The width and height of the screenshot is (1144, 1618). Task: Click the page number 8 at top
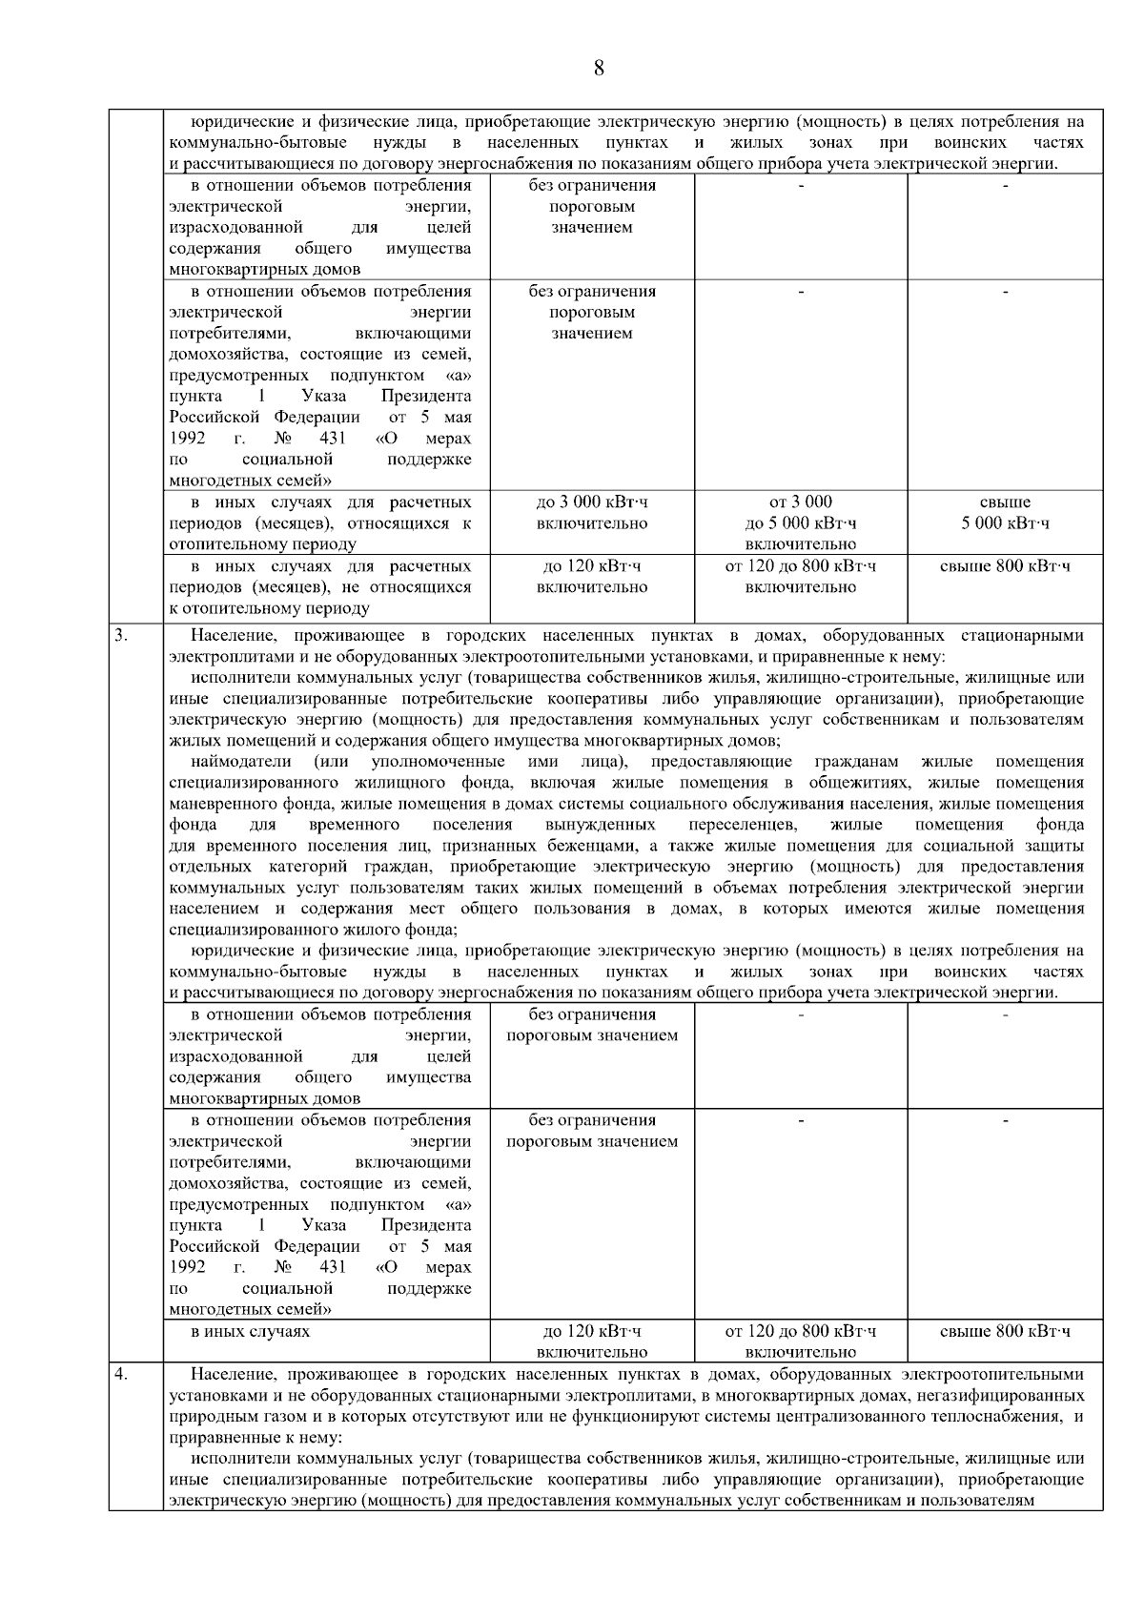click(x=598, y=68)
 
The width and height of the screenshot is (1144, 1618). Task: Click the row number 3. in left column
click(x=122, y=635)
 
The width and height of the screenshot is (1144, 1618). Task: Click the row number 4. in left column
click(x=122, y=1374)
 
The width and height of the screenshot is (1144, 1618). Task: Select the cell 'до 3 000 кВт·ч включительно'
click(x=591, y=513)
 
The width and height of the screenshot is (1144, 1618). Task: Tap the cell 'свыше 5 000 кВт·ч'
click(x=1005, y=513)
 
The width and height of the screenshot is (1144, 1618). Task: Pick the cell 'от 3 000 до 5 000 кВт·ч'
click(x=800, y=522)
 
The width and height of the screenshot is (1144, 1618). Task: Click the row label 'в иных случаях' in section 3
click(x=250, y=1331)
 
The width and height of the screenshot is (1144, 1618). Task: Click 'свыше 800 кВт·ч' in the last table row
click(x=1005, y=1331)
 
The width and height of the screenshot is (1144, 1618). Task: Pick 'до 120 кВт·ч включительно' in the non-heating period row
click(x=591, y=577)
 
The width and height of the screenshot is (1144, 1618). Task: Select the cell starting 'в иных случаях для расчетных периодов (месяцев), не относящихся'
click(x=320, y=587)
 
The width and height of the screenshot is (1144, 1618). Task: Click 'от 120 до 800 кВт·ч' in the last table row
click(x=800, y=1331)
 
